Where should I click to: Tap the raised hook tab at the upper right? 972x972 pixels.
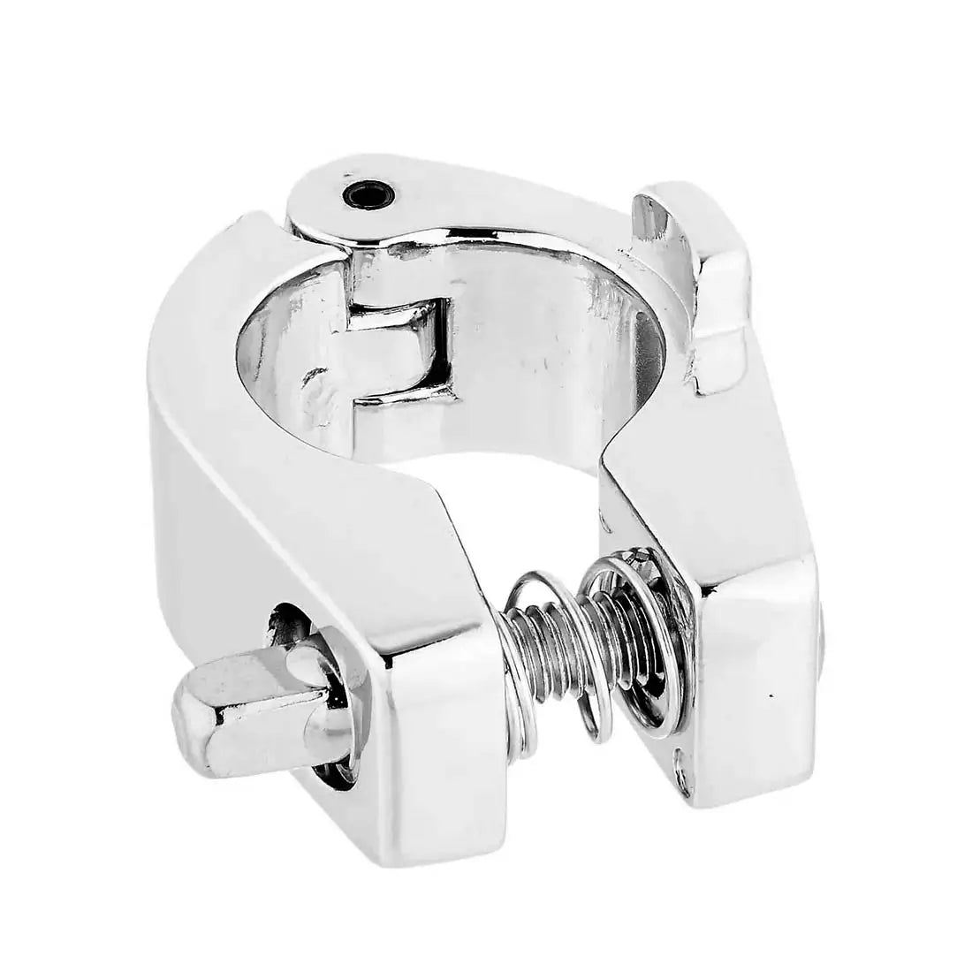(x=714, y=292)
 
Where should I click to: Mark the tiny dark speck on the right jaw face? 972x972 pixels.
(x=775, y=696)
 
